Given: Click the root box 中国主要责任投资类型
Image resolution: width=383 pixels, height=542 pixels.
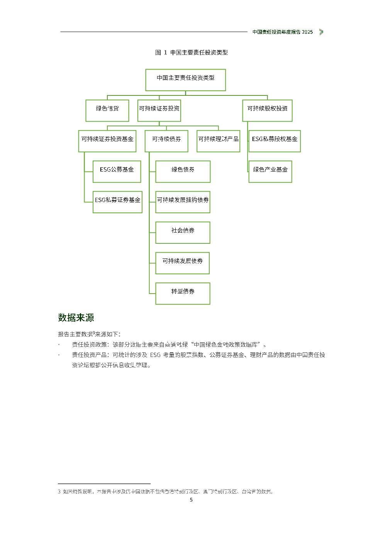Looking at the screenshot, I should [185, 80].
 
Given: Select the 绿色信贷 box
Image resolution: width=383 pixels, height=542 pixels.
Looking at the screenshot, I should [107, 110].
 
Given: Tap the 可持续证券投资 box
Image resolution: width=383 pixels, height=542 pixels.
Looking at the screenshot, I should [159, 110].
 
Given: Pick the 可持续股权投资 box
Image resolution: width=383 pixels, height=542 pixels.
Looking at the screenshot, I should [267, 110].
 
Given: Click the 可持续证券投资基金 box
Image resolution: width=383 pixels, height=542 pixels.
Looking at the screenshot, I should [107, 141].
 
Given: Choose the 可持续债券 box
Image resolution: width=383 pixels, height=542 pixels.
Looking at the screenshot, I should [166, 141].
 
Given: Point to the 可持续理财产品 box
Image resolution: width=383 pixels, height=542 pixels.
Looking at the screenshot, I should [218, 141].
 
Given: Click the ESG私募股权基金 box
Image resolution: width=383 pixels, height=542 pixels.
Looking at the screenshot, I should [275, 141].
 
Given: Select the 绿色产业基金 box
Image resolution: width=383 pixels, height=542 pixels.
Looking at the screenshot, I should [270, 172].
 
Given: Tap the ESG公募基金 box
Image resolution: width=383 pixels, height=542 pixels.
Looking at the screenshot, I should [117, 172].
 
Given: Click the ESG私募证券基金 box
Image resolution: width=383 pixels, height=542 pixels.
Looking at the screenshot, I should [117, 202].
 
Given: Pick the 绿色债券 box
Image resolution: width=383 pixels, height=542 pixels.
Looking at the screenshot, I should [183, 172].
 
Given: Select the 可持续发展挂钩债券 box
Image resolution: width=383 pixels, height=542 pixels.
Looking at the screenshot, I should [183, 202].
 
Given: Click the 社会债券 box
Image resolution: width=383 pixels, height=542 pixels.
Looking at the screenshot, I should [183, 233].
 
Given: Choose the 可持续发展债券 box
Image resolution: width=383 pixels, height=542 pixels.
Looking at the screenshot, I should [182, 263].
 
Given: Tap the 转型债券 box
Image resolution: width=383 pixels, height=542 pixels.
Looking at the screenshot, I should [183, 294].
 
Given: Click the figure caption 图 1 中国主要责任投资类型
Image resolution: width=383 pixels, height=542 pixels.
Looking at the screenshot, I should [191, 53].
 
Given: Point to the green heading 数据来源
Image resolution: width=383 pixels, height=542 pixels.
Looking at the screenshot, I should [76, 318].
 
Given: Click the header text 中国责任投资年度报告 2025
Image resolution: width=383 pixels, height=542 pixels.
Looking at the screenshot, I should [283, 32].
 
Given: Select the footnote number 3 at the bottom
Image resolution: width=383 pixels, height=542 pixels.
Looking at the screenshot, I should [59, 492].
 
